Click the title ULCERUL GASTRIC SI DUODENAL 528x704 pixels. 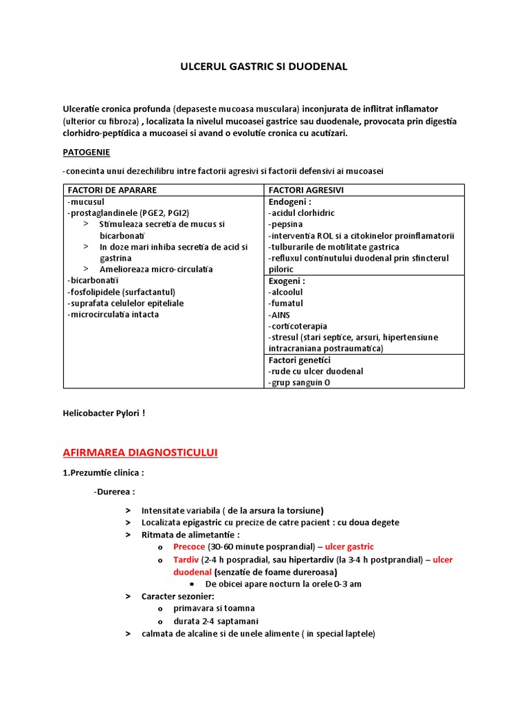[x=264, y=67]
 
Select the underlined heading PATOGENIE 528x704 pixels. [x=86, y=151]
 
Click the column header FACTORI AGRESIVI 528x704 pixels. [x=307, y=190]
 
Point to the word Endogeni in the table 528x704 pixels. [x=289, y=202]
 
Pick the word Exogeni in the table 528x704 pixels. [x=287, y=281]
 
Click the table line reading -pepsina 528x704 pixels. [x=285, y=224]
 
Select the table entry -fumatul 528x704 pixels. [x=286, y=303]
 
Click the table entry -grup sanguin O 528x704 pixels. [x=299, y=382]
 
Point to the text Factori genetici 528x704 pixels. [x=300, y=360]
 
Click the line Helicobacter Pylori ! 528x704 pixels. [x=104, y=413]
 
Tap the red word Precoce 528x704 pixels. [x=189, y=547]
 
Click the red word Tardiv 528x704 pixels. [x=186, y=560]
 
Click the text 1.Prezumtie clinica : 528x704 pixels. [x=103, y=473]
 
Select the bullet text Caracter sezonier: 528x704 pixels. [x=178, y=596]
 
